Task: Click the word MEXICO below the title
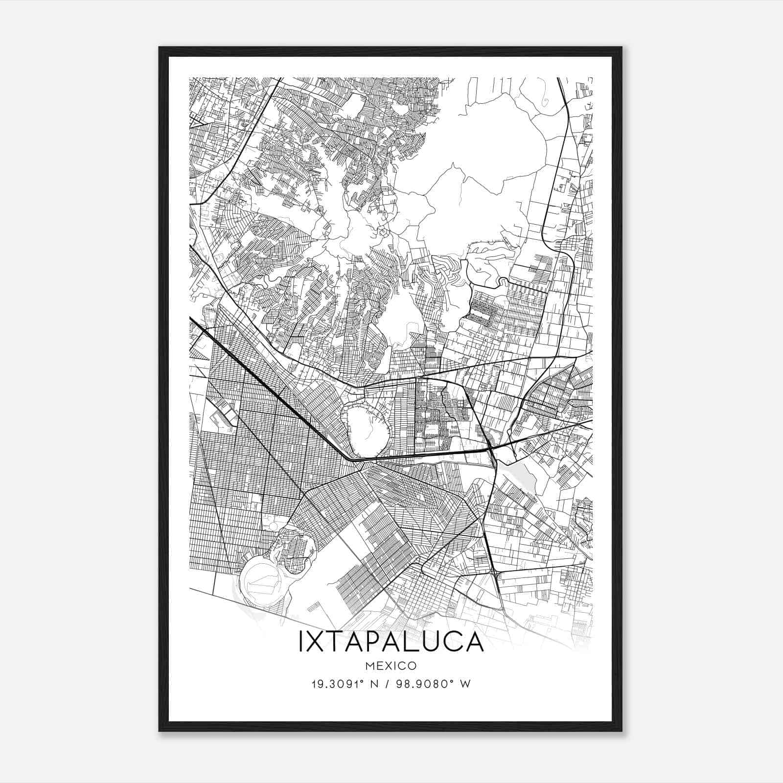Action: pyautogui.click(x=391, y=666)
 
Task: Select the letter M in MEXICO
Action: pyautogui.click(x=370, y=666)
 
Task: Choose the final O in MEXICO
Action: pyautogui.click(x=413, y=666)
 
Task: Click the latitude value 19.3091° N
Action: pyautogui.click(x=345, y=684)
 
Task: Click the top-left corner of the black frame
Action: pyautogui.click(x=160, y=48)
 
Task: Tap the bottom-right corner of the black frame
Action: pyautogui.click(x=621, y=731)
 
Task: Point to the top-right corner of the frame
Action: pyautogui.click(x=621, y=48)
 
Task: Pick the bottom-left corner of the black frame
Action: pyautogui.click(x=160, y=731)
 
